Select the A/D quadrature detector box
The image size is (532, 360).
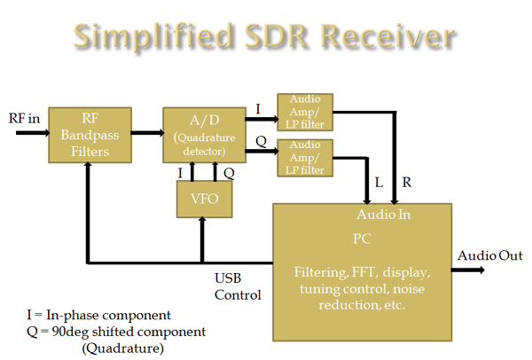[x=202, y=135]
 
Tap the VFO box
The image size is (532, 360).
[x=202, y=200]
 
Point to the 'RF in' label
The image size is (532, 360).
[x=24, y=119]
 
